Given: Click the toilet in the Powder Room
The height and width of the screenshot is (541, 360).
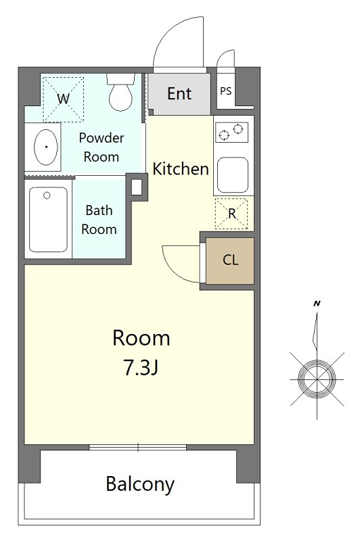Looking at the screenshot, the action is click(x=120, y=92).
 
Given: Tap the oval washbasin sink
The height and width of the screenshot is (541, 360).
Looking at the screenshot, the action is click(x=45, y=147).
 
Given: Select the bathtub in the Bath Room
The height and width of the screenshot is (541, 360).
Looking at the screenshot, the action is click(x=48, y=219).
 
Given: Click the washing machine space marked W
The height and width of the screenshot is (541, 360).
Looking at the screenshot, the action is click(x=63, y=99).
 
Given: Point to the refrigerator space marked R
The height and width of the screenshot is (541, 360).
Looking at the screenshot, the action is click(x=231, y=214).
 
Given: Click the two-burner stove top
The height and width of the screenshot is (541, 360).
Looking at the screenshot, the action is click(x=232, y=132).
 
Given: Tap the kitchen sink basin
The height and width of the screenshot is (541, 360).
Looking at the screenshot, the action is click(x=232, y=175).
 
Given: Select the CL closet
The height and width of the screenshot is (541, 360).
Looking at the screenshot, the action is click(x=230, y=260).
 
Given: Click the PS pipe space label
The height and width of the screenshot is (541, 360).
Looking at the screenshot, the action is click(x=226, y=91).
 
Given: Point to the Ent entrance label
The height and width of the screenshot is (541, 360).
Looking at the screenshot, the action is click(x=179, y=93).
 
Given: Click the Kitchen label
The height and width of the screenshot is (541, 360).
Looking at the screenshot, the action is click(x=181, y=168).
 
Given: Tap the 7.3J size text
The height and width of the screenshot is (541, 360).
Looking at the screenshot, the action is click(x=141, y=368).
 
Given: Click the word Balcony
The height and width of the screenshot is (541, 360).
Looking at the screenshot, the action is click(x=140, y=484).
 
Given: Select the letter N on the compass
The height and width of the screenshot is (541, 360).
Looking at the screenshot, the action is click(x=317, y=304).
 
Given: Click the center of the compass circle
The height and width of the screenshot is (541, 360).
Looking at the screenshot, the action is click(x=317, y=379).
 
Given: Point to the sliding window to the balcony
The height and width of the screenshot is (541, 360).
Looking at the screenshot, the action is click(x=138, y=448).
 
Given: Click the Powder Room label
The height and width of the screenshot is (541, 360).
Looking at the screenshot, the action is click(x=102, y=147).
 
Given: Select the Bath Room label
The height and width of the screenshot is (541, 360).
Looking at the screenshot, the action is click(x=99, y=220).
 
